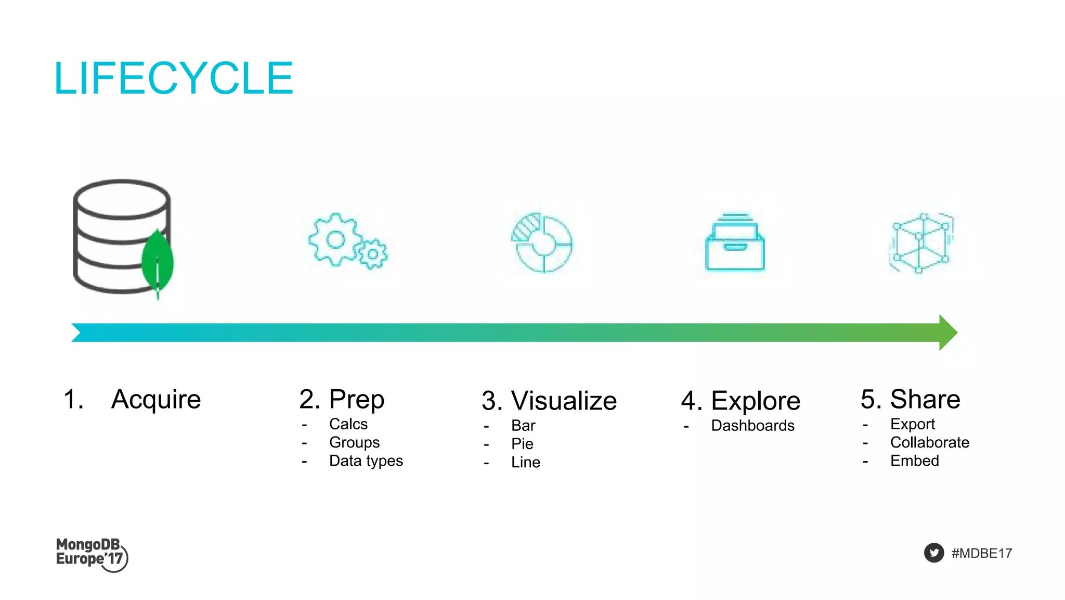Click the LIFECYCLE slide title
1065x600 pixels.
(174, 78)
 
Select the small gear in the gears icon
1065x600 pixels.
(373, 254)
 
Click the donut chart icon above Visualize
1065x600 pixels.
(542, 242)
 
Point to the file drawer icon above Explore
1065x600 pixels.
(735, 242)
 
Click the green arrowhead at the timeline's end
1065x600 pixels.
(947, 333)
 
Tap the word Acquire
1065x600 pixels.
(156, 400)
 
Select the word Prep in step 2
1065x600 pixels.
(357, 400)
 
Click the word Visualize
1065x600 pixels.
(564, 401)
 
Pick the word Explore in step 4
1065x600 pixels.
(756, 401)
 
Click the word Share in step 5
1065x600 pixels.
(925, 400)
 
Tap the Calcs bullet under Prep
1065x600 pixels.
(348, 424)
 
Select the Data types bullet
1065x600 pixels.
(366, 461)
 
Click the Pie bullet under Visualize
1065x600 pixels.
(522, 444)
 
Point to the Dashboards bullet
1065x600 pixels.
(752, 426)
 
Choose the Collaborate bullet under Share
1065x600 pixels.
(930, 442)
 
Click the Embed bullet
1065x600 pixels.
(915, 461)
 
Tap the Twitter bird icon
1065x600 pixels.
(934, 553)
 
